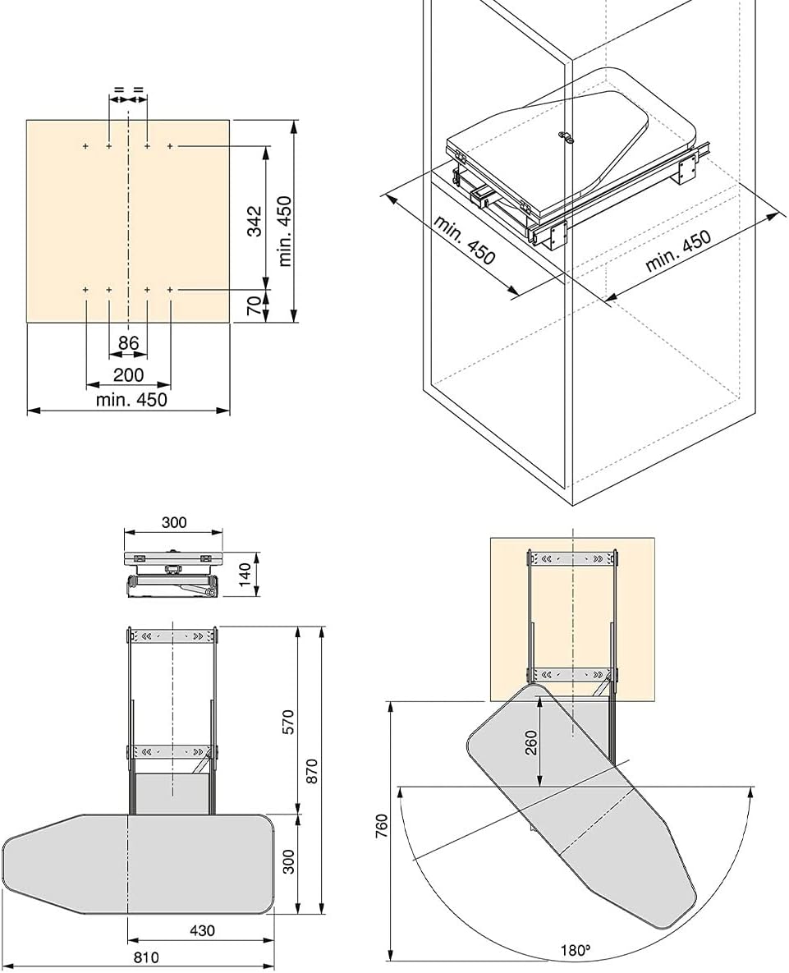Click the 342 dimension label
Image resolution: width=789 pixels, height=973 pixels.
point(254,220)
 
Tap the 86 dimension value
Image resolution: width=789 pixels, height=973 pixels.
point(128,342)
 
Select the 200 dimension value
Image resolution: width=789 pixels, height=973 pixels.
point(128,374)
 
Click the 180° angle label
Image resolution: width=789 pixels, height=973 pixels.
point(575,950)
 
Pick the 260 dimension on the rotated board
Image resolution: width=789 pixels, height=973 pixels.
point(531,742)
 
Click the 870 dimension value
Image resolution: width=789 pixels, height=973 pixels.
point(311,771)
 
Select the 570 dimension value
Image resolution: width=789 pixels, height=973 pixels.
point(287,722)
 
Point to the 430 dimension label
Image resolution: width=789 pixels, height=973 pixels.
point(202,930)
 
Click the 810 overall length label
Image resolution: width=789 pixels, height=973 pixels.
point(146,958)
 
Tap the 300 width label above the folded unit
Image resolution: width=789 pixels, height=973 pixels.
point(174,522)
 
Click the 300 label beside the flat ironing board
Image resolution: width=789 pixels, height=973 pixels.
point(288,861)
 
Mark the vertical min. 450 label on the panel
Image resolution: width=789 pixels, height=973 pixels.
point(285,231)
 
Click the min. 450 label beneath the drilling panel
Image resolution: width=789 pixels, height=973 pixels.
point(131,400)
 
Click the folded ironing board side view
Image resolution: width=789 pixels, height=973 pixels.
point(173,575)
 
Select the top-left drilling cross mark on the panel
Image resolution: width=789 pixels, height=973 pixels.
point(85,146)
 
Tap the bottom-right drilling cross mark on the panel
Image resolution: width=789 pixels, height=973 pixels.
point(170,289)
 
